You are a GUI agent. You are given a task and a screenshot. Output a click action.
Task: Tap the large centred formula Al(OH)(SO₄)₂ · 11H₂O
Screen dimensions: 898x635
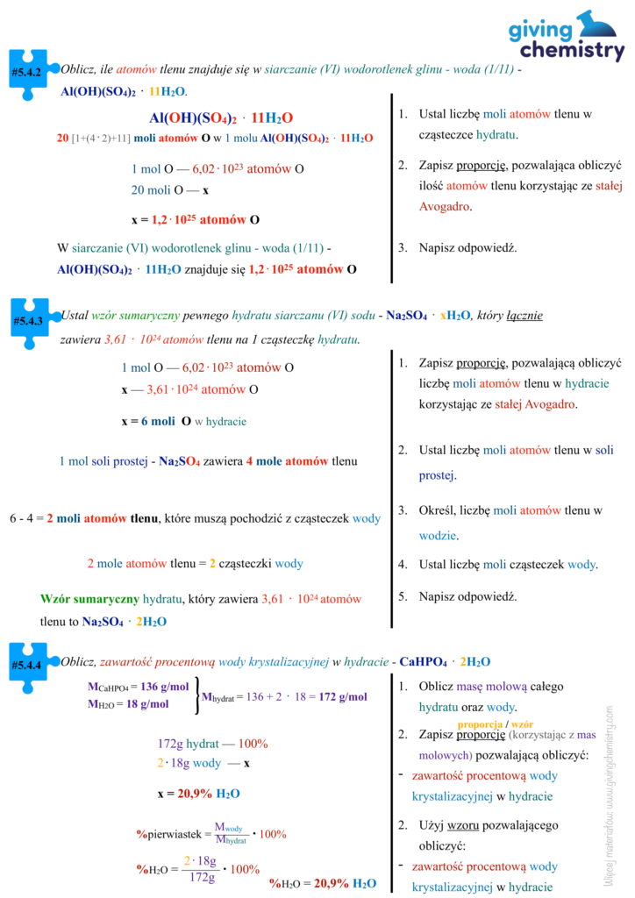click(x=221, y=118)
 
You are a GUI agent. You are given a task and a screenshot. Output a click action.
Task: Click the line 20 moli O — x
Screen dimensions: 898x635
click(x=170, y=190)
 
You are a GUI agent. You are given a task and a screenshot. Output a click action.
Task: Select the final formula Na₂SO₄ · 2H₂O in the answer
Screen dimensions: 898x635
click(x=125, y=621)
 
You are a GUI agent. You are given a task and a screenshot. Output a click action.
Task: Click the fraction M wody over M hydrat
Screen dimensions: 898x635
click(x=230, y=834)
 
